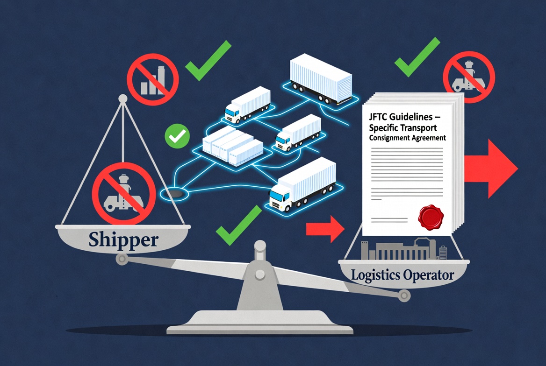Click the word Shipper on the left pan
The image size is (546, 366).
[123, 239]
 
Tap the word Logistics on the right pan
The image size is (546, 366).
[375, 275]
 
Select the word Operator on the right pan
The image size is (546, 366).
[429, 275]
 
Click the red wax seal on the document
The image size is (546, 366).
[431, 218]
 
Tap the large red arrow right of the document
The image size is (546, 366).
[491, 169]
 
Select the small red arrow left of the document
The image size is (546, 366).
[325, 229]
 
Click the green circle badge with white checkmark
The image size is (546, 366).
[177, 136]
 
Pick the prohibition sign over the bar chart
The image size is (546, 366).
[152, 79]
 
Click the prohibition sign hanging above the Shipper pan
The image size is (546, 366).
[123, 194]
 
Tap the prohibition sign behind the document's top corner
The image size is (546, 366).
[469, 77]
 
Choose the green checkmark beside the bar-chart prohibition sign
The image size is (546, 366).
[208, 61]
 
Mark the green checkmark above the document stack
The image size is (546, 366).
[417, 57]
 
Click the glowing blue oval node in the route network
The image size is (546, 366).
[174, 193]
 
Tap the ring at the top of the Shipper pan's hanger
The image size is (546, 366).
[123, 99]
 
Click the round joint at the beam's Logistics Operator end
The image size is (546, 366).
[404, 296]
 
